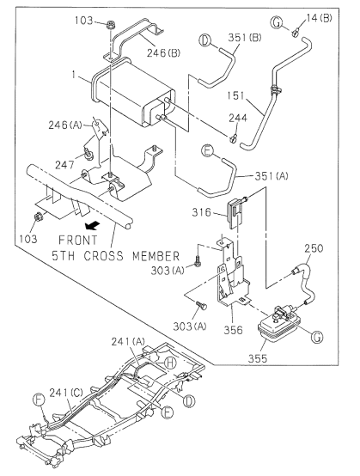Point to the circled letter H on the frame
pos(170,363)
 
